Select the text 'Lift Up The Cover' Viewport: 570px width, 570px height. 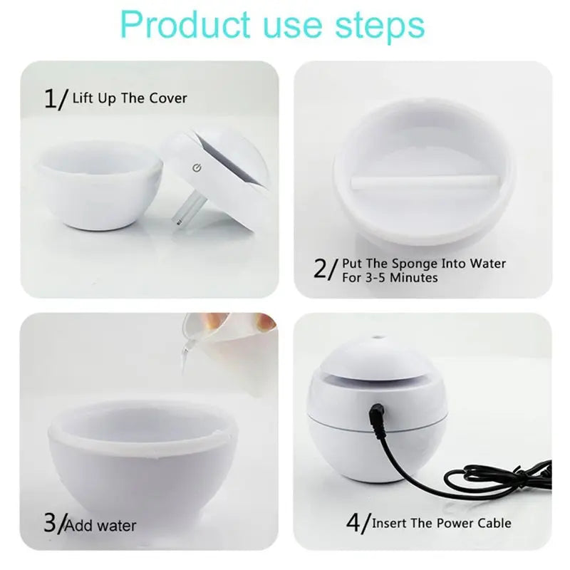pos(130,98)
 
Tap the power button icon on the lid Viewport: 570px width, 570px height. pos(197,168)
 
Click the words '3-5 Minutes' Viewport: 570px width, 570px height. pos(402,277)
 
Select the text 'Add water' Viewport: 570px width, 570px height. pos(100,526)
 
